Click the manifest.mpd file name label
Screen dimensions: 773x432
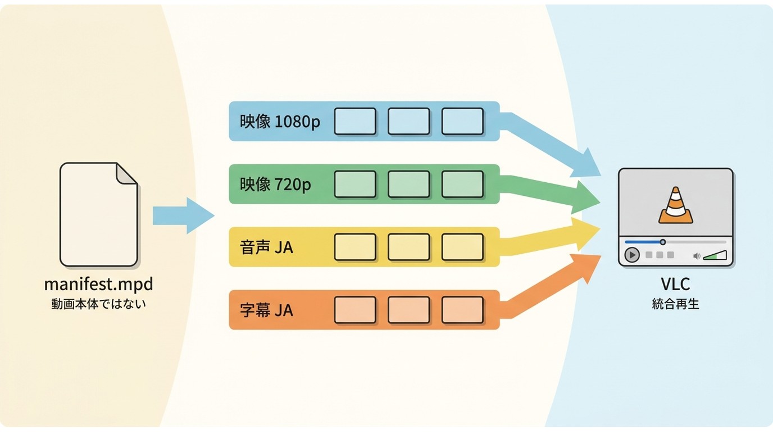coord(99,285)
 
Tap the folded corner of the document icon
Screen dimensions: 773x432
coord(126,173)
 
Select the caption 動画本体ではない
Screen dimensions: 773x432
coord(99,304)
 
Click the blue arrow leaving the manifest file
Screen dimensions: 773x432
coord(184,215)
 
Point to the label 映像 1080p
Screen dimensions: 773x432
coord(280,121)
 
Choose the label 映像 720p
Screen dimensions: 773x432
coord(275,184)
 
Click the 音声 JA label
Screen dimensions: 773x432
coord(266,247)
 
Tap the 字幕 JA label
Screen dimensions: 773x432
coord(266,310)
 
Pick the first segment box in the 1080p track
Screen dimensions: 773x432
coord(355,121)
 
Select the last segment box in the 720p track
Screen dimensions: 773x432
coord(462,184)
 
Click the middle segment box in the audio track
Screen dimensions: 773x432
coord(409,247)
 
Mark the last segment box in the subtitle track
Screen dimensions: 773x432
coord(462,310)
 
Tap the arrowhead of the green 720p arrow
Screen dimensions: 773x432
coord(586,198)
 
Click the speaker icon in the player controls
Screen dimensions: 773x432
coord(697,256)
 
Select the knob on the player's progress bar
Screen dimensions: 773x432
coord(662,242)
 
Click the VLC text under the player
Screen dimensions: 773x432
coord(675,284)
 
